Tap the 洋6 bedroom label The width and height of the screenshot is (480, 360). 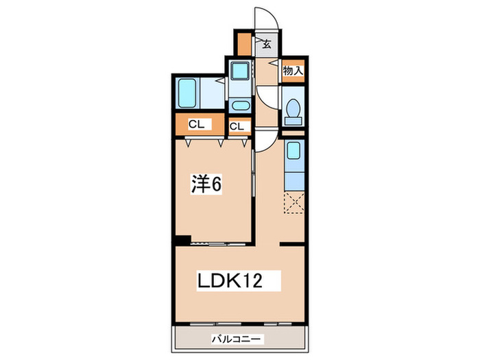tap(205, 184)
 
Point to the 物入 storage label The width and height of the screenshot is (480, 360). tap(293, 70)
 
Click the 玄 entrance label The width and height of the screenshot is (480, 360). tap(267, 45)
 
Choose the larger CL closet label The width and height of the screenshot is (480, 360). tap(196, 125)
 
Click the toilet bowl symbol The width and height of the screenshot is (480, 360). tap(293, 110)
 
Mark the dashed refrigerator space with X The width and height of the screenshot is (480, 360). tap(293, 204)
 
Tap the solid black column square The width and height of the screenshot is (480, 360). tap(181, 239)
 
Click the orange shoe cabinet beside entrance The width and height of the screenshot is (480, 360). tap(244, 44)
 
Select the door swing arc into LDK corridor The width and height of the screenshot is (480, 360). tap(265, 142)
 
